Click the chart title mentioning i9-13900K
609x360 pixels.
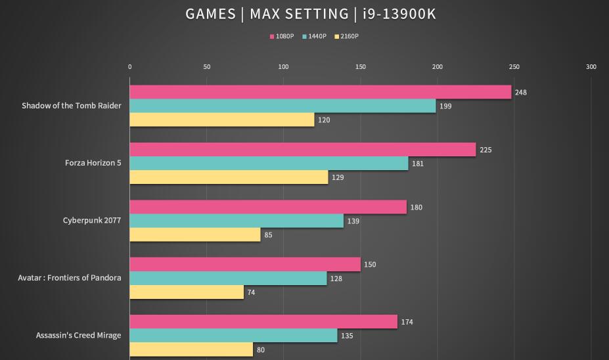coord(304,14)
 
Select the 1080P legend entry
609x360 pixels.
coord(282,37)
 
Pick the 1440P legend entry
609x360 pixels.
coord(315,37)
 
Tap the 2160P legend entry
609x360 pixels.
coord(347,37)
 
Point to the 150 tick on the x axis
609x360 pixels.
coord(361,67)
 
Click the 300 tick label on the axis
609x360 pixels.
coord(591,67)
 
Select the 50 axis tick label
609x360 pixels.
coord(207,67)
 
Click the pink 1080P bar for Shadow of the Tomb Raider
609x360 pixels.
coord(320,92)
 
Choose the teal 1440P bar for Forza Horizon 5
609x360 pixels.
coord(269,164)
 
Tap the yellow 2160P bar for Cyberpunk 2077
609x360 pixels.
coord(195,235)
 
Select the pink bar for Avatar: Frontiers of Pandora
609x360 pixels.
coord(245,265)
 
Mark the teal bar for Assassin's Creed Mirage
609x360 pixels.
coord(233,336)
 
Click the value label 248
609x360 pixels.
coord(520,93)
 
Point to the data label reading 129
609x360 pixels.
coord(337,177)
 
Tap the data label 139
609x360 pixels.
coord(353,221)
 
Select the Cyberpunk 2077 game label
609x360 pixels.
coord(92,220)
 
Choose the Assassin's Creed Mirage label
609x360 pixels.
coord(78,335)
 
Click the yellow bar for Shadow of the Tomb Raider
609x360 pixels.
coord(222,120)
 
